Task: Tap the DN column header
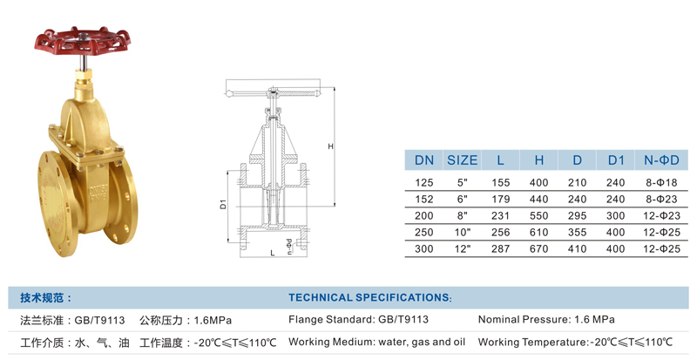423,160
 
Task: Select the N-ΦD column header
661,160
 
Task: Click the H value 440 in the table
538,200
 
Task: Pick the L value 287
500,248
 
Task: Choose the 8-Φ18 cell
661,183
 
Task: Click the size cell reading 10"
463,232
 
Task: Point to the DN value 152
423,200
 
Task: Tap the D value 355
577,232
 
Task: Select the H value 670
538,248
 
